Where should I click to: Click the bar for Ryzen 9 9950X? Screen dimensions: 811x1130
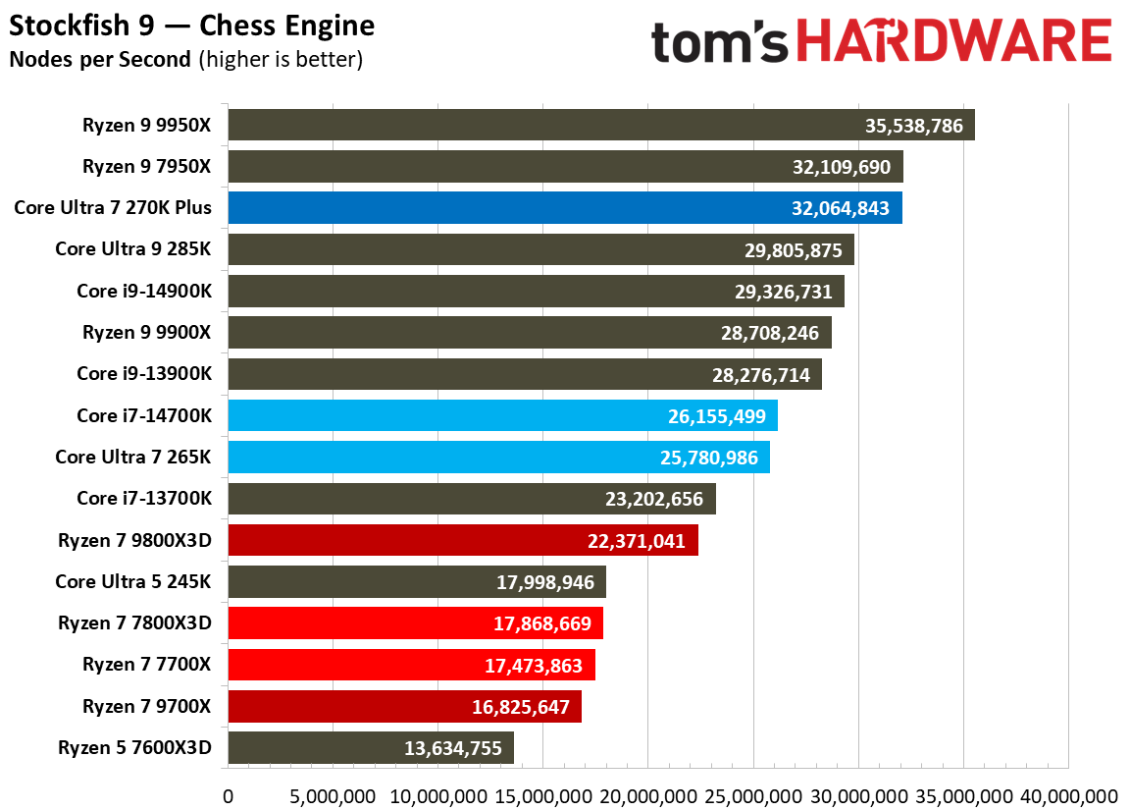[600, 125]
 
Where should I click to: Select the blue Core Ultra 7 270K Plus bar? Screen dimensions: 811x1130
[564, 208]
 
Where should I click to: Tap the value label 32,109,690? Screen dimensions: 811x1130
[841, 167]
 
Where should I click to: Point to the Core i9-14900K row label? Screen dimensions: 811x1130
[143, 291]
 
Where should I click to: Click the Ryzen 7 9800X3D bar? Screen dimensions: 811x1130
[462, 540]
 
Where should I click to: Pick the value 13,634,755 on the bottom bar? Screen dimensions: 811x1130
[452, 748]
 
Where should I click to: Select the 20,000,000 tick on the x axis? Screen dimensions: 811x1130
[647, 795]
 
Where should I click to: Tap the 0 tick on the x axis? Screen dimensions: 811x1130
[229, 795]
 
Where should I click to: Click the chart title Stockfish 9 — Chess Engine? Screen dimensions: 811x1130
[192, 26]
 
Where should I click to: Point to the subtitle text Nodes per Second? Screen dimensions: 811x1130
[99, 59]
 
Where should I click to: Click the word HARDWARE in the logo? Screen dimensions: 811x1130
[953, 42]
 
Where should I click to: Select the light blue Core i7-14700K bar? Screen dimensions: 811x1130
[502, 415]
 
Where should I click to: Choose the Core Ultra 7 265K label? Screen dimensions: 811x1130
[132, 457]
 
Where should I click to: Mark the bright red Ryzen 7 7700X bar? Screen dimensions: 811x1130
[411, 665]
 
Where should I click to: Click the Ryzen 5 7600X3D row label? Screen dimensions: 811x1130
[134, 748]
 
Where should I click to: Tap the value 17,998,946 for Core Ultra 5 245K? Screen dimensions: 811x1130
[545, 582]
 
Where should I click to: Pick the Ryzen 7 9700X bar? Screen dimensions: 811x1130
[404, 707]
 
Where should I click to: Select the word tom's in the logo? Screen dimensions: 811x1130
[721, 42]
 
